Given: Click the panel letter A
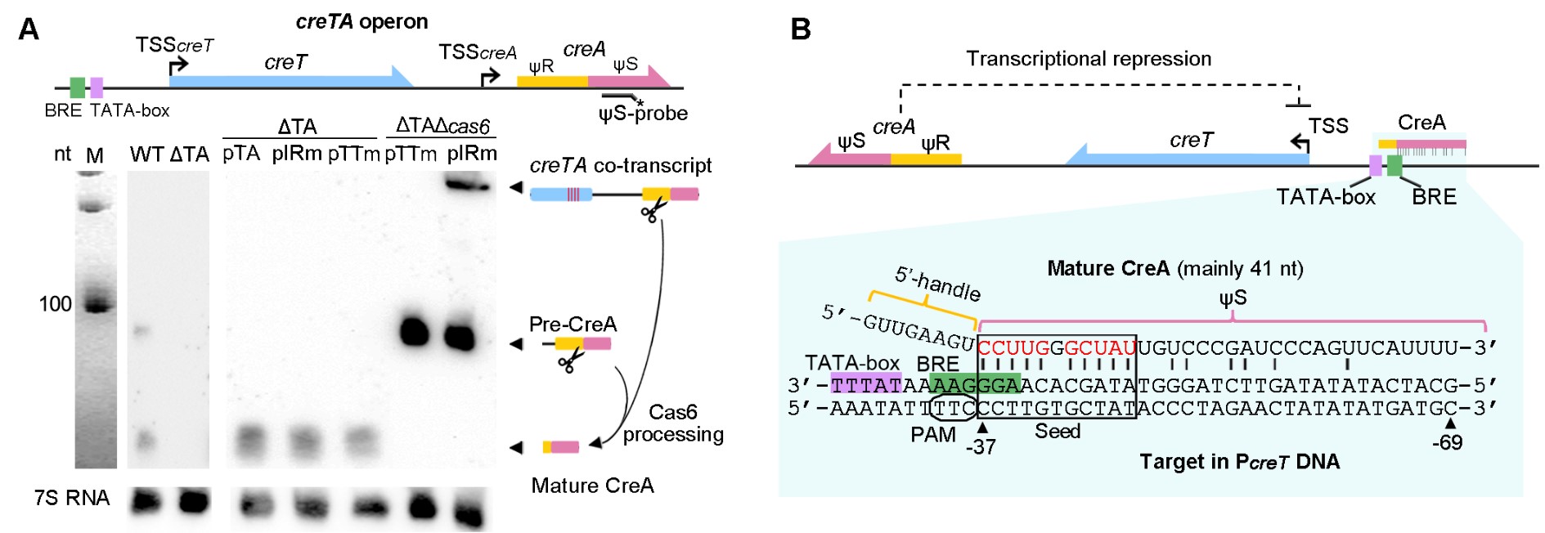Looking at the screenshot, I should (28, 29).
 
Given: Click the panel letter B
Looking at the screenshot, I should (801, 29).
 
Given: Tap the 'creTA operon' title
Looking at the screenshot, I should (362, 22).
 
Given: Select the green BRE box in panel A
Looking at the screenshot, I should (77, 87).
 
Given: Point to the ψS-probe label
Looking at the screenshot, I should (643, 113).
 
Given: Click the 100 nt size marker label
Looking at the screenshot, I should (56, 304).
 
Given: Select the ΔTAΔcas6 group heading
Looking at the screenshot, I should (442, 126).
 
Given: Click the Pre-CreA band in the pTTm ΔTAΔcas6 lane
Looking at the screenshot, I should (414, 332).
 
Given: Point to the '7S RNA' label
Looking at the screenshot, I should (72, 498).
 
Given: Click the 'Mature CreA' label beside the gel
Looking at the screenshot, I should (592, 486).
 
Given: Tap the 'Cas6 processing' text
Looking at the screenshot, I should (673, 423).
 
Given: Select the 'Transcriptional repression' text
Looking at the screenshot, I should (1089, 59).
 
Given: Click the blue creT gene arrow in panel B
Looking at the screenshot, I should (1186, 155).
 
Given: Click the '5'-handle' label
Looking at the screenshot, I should (937, 284).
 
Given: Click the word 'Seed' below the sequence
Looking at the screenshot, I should (1057, 431).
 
